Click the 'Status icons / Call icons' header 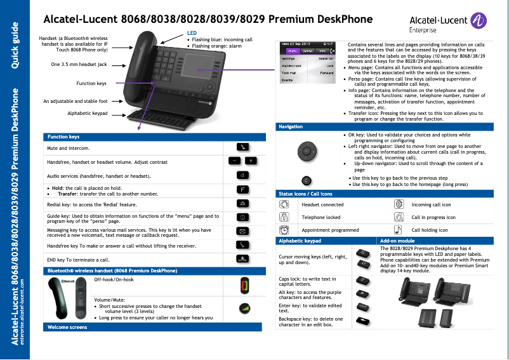pos(305,194)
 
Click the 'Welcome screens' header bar pos(65,327)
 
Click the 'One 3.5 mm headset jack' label pos(79,64)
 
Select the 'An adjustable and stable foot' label pos(75,101)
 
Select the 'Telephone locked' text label pos(321,218)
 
